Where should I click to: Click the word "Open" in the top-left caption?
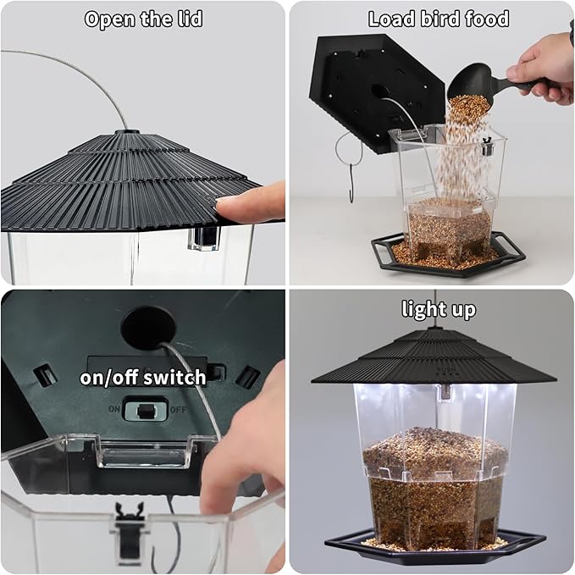(109, 19)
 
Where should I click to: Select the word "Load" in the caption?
(391, 19)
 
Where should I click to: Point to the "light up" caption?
(439, 309)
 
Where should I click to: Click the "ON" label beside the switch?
(114, 408)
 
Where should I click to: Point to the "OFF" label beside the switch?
(179, 409)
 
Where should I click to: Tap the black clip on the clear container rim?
(130, 532)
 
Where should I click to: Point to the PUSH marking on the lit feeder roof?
(446, 369)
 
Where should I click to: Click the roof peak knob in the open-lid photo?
(127, 131)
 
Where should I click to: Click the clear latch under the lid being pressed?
(203, 238)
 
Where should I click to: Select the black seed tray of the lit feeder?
(434, 545)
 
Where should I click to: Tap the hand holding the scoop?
(543, 69)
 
